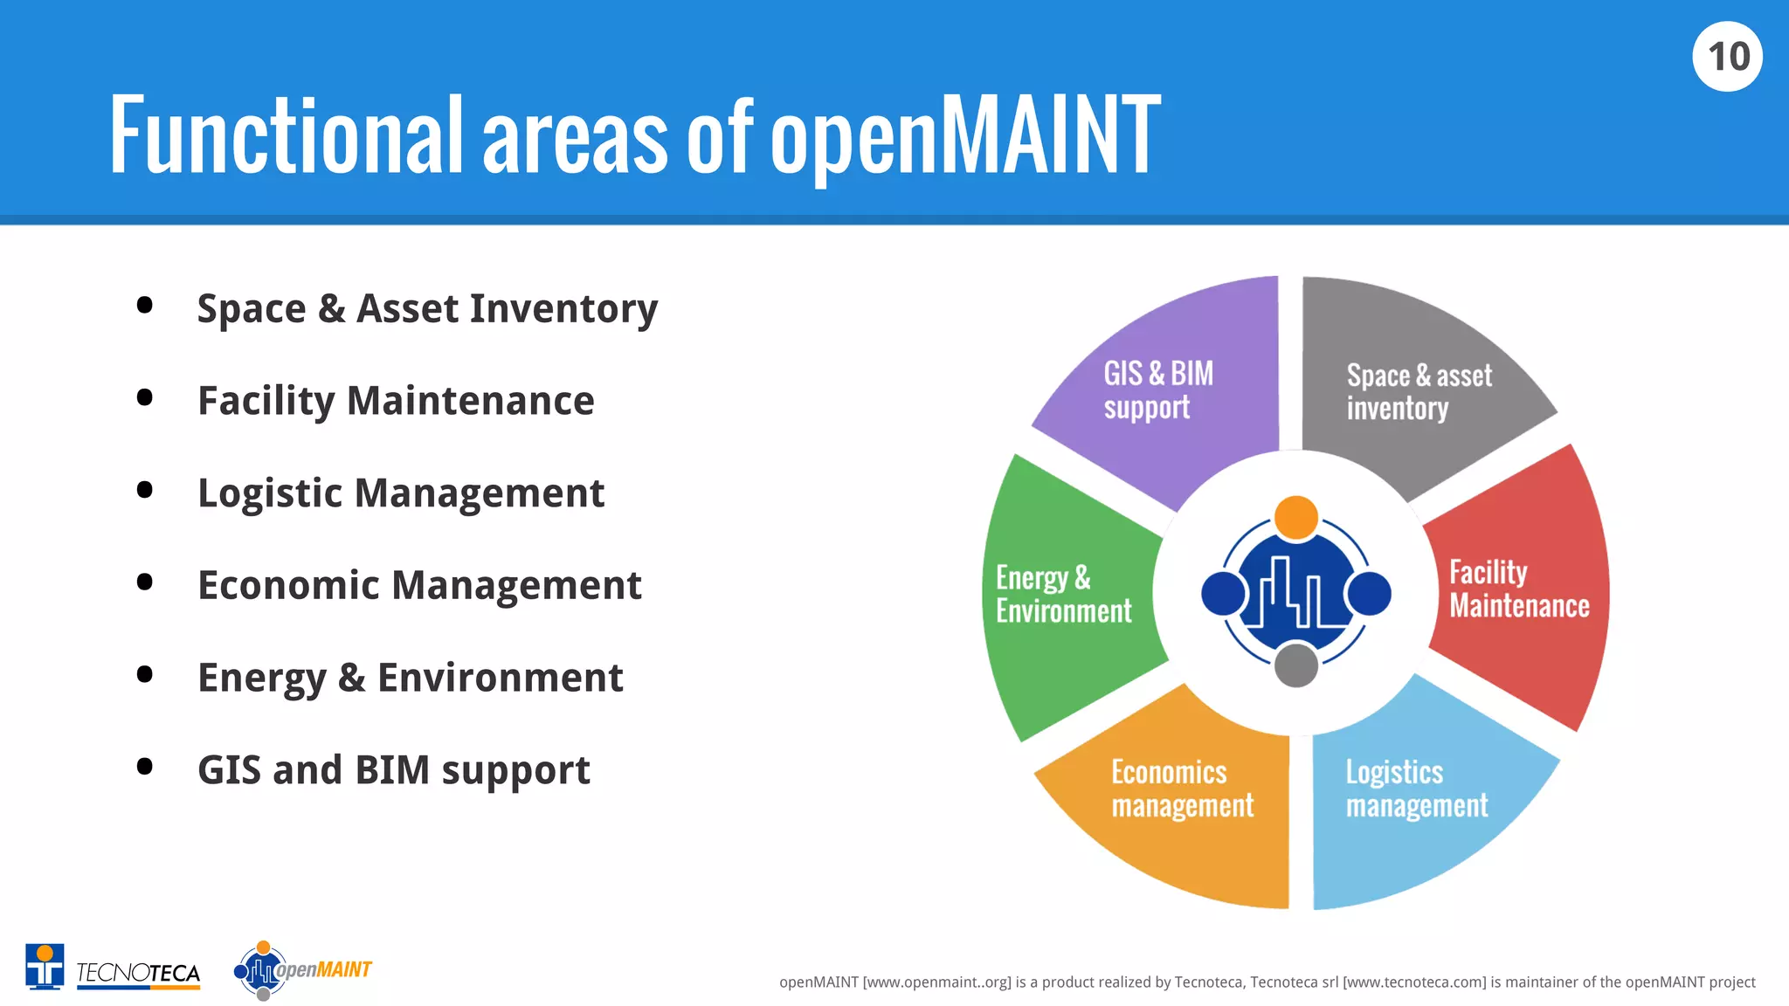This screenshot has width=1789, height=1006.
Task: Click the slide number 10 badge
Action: tap(1727, 57)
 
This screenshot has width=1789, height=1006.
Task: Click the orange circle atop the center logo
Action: tap(1295, 517)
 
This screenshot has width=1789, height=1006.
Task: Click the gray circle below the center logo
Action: tap(1295, 665)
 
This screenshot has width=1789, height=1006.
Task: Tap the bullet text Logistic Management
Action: tap(401, 493)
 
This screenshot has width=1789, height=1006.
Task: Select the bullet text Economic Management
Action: tap(419, 586)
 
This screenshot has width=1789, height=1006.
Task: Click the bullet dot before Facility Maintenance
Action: tap(145, 398)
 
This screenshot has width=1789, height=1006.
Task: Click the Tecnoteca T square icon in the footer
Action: tap(45, 967)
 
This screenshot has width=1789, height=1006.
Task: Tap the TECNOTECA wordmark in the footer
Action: tap(138, 973)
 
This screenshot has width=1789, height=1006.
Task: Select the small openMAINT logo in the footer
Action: tap(302, 970)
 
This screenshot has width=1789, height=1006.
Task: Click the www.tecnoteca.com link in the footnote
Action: tap(1413, 982)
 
